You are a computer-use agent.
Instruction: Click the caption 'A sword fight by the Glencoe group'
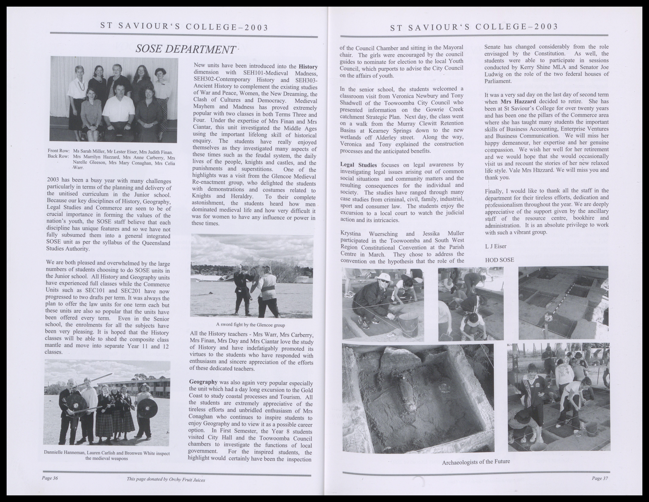pyautogui.click(x=251, y=325)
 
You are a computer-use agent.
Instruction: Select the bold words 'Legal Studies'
pyautogui.click(x=358, y=165)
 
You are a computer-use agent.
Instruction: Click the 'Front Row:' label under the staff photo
pyautogui.click(x=59, y=151)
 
